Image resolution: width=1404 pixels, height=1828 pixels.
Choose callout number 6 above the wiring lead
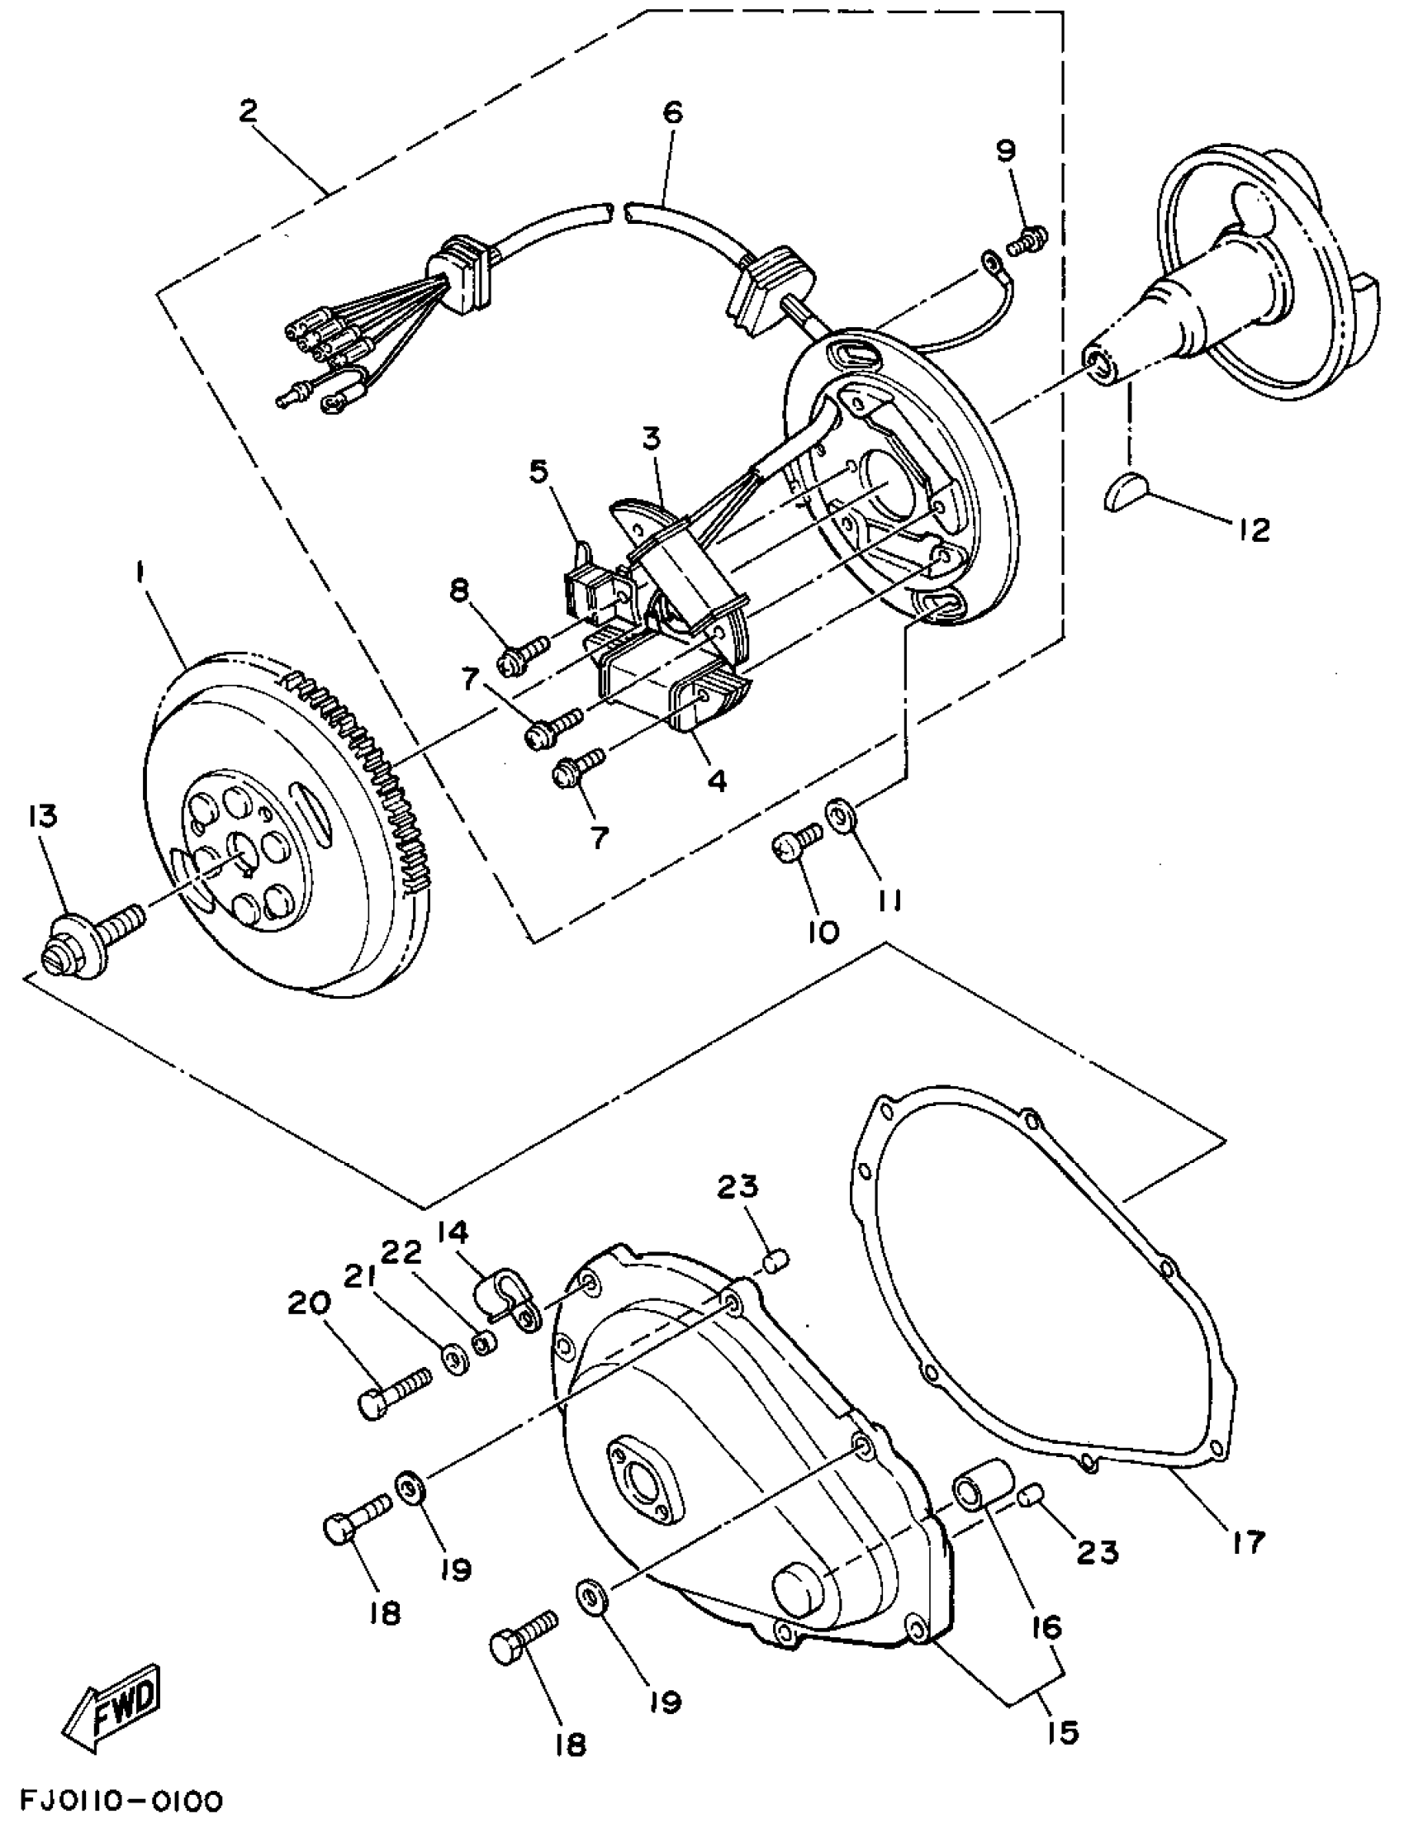click(673, 112)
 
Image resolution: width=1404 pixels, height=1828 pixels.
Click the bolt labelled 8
click(521, 655)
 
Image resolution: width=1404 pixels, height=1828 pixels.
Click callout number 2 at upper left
click(249, 112)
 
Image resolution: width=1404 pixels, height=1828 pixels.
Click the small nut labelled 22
click(483, 1344)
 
